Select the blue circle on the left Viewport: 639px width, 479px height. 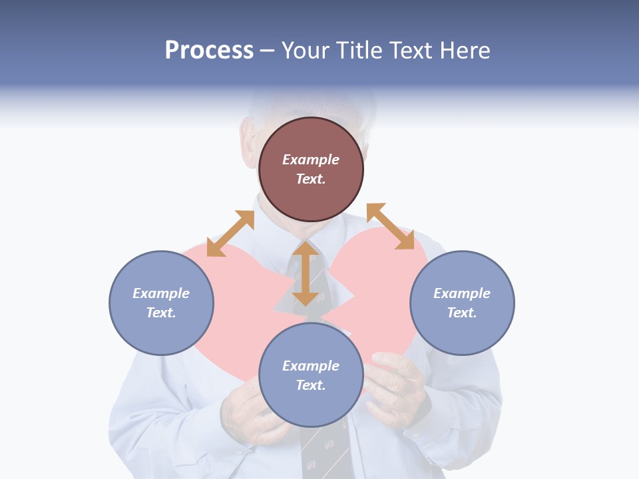161,303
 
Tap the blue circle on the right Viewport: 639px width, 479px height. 462,303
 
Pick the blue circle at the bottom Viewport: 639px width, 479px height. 311,375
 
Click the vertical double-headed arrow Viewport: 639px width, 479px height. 306,273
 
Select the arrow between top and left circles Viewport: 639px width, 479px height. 230,234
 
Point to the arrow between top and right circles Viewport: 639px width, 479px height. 390,226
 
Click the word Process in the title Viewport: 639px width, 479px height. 209,51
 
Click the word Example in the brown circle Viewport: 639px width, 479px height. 311,160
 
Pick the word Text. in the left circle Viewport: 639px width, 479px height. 161,313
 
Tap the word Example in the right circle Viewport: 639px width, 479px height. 462,293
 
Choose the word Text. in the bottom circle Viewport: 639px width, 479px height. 311,385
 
